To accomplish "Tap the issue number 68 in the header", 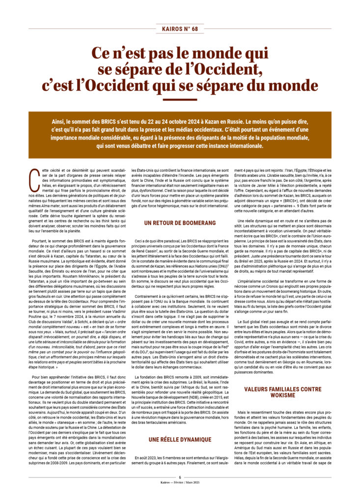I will tap(195, 29).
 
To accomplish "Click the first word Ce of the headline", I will tap(102, 53).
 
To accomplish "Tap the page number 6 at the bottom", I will tap(180, 490).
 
